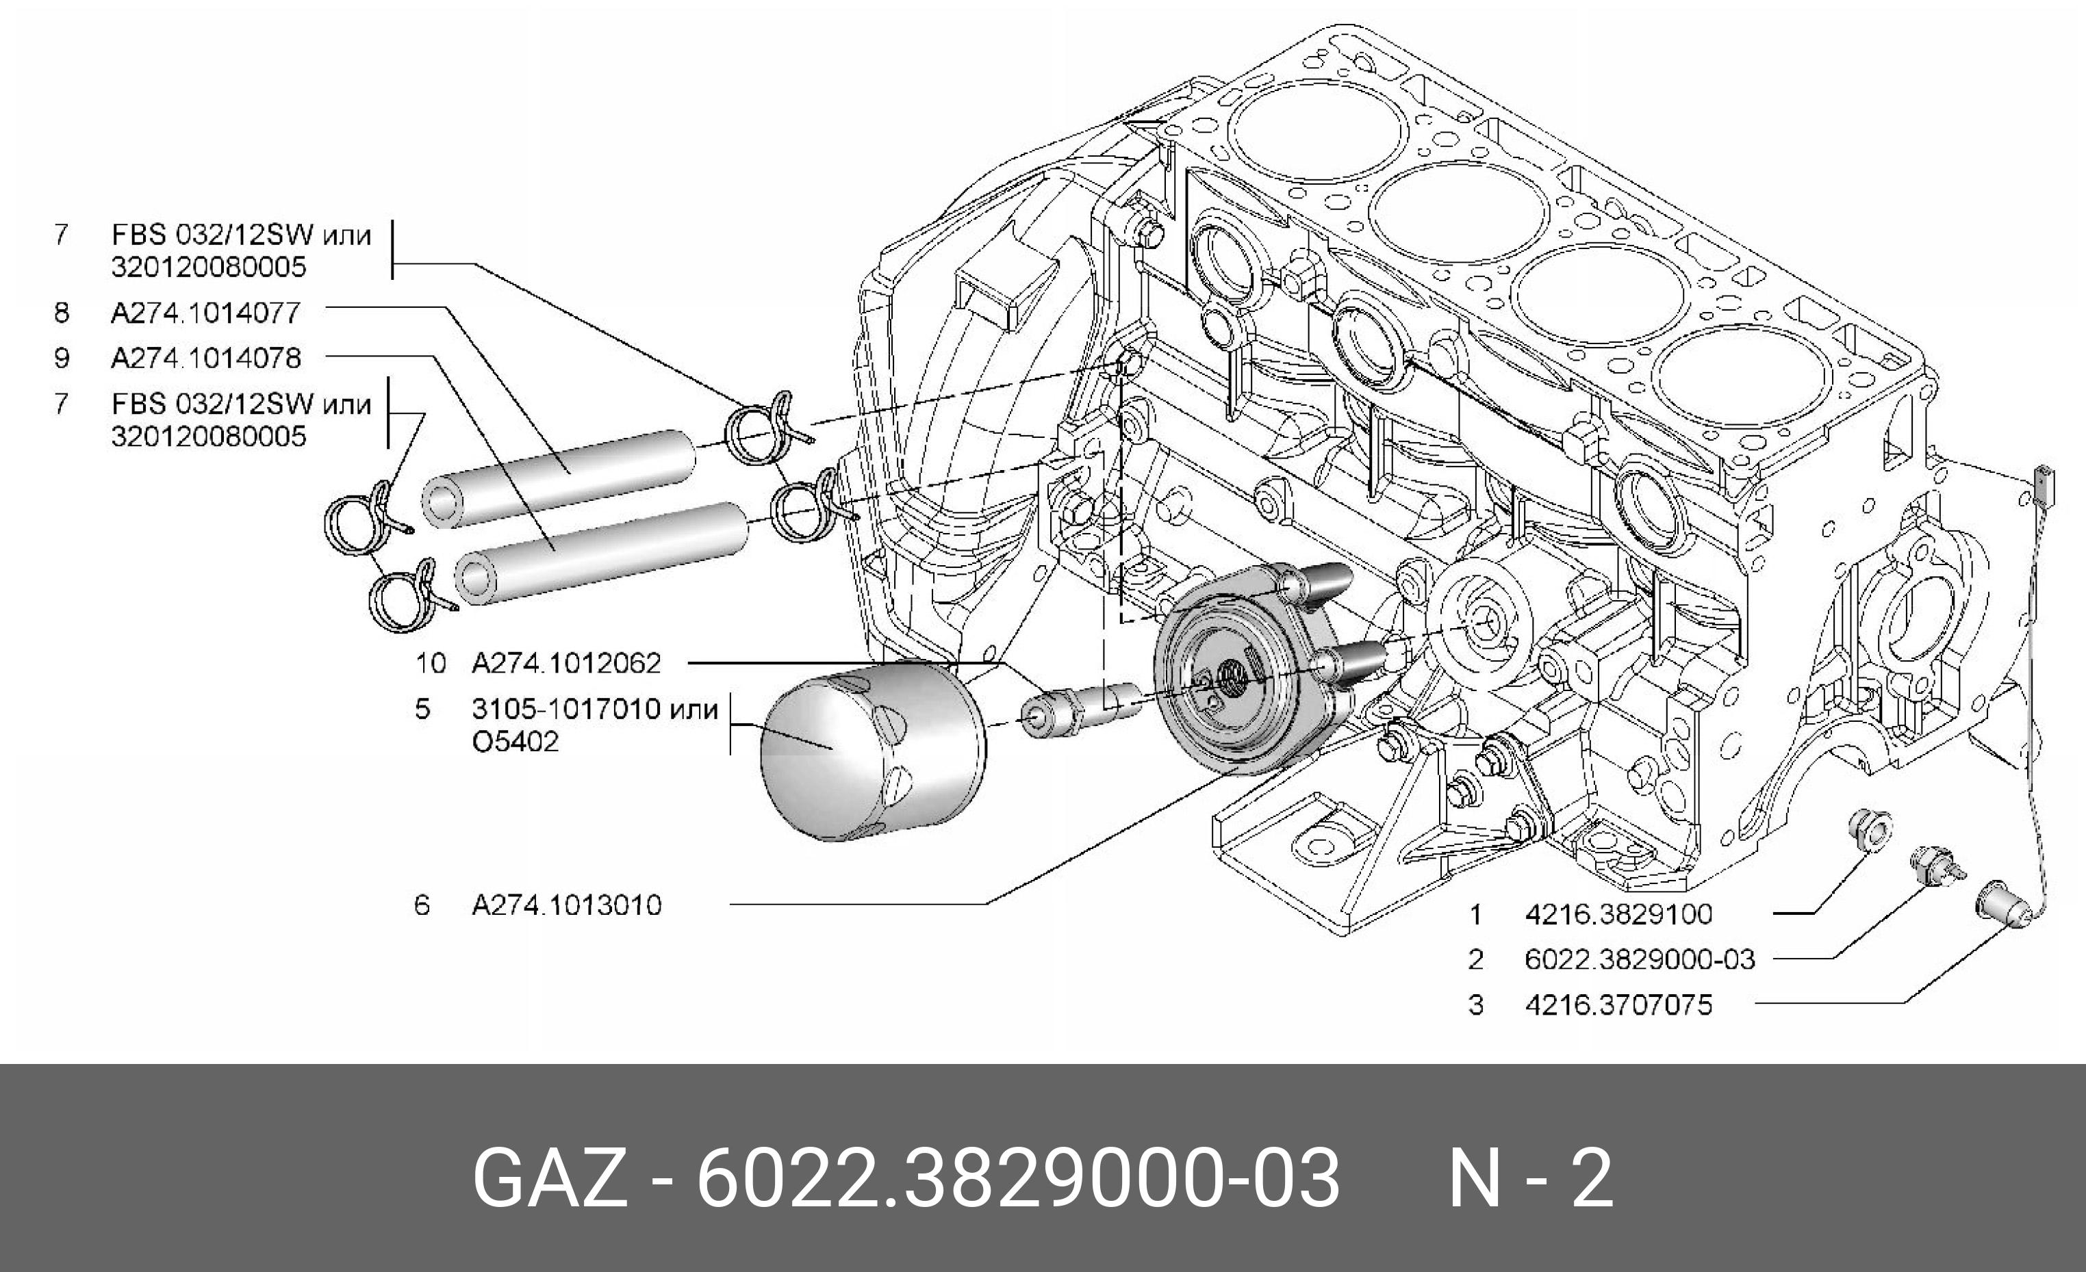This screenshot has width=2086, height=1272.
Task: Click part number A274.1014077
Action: point(205,313)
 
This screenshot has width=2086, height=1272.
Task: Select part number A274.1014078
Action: point(205,358)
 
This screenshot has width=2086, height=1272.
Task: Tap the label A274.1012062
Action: point(565,662)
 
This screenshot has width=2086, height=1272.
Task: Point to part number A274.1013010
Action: point(566,905)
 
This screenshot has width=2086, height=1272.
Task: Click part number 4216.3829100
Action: point(1618,914)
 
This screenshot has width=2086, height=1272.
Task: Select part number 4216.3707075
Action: point(1618,1004)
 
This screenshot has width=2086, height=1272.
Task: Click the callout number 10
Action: point(430,662)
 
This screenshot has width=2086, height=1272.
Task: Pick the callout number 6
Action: point(422,905)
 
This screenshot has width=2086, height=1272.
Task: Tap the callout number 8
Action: point(61,313)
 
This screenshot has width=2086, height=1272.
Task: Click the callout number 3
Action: point(1475,1004)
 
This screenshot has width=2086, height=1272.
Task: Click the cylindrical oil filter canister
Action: point(872,749)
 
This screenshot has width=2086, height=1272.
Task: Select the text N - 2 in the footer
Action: point(1531,1178)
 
